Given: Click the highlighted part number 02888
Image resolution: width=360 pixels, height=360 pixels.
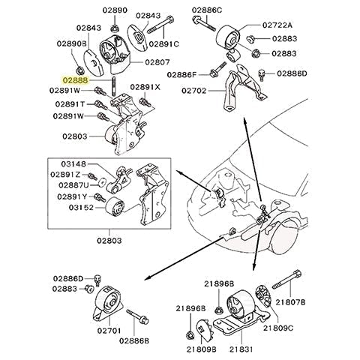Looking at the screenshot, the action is [76, 80].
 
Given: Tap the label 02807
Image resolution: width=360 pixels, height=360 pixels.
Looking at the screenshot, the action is [157, 62].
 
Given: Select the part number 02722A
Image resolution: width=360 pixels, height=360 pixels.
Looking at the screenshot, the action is [277, 25].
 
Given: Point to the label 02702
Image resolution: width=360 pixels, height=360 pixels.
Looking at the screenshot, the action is [194, 91].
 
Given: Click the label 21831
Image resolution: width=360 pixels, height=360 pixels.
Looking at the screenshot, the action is [241, 349].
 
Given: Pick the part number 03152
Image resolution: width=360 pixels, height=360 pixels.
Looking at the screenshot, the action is [81, 208].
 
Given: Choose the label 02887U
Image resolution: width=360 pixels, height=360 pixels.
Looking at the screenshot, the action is [73, 185].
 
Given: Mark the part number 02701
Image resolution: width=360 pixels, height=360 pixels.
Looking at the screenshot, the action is [109, 331].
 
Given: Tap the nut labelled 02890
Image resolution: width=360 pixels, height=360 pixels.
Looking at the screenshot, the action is [115, 28].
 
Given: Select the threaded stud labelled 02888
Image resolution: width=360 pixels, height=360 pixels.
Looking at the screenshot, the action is [114, 86].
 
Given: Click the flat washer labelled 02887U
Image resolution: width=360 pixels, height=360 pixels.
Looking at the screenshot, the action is [102, 182].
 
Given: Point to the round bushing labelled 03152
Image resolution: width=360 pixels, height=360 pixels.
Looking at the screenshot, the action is [115, 206].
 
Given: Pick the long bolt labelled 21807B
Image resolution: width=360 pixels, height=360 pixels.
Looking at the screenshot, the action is [286, 280].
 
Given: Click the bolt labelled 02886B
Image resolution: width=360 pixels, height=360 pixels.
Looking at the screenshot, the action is [137, 316].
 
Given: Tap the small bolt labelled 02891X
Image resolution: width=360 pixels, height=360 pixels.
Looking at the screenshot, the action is [143, 102].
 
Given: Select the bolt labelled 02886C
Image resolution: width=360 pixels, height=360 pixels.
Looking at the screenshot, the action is [204, 23].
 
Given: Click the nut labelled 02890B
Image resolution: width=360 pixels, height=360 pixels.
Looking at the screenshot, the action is [80, 70].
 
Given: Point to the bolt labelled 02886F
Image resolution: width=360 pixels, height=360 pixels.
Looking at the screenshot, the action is [218, 70].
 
